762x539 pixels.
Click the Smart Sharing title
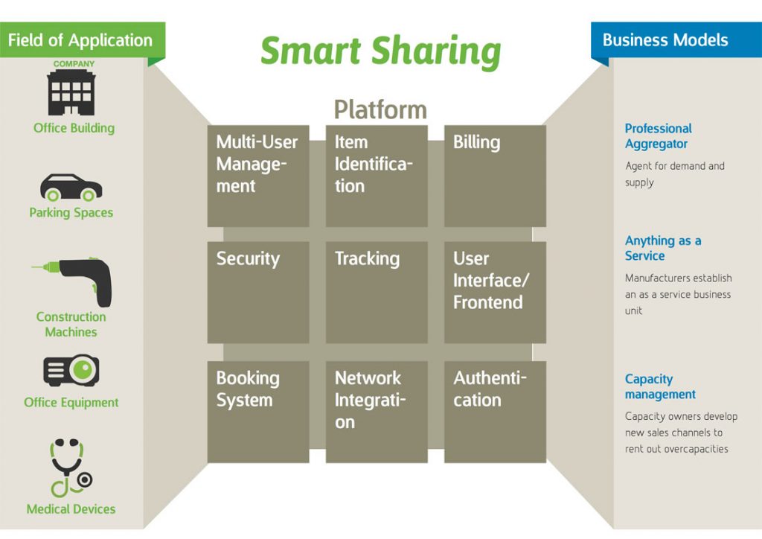coord(380,51)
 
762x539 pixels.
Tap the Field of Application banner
coord(80,40)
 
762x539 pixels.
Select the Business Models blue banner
coord(665,40)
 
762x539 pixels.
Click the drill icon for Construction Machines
coord(75,281)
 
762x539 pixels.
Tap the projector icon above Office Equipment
coord(71,371)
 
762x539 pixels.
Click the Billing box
coord(495,176)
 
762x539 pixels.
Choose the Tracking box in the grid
coord(377,292)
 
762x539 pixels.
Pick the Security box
coord(257,292)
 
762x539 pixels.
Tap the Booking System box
coord(257,411)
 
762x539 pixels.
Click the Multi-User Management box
coord(257,176)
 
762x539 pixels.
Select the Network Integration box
coord(377,411)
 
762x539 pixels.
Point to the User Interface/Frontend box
coord(495,292)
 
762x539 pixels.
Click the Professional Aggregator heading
coord(658,136)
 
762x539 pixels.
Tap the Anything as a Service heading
coord(662,248)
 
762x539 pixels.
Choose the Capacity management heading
coord(660,386)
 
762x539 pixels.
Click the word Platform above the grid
coord(380,109)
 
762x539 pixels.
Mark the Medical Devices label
coord(71,509)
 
